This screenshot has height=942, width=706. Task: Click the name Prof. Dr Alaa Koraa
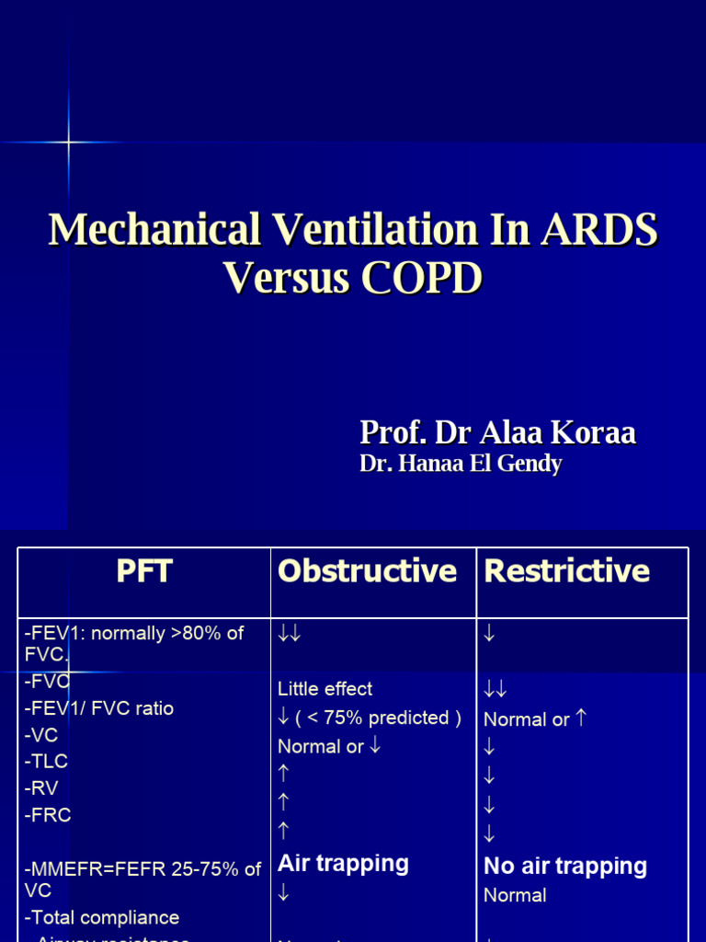[x=497, y=432]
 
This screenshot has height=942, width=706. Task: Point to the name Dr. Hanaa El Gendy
[x=461, y=464]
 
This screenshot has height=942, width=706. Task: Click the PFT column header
[x=144, y=571]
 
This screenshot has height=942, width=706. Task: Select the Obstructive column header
[x=367, y=571]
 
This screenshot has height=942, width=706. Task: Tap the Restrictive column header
[x=567, y=571]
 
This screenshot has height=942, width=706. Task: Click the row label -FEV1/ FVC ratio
[x=99, y=708]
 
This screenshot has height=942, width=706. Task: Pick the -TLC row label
[x=47, y=762]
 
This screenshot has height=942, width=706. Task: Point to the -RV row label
[x=43, y=788]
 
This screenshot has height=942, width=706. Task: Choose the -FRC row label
[x=48, y=815]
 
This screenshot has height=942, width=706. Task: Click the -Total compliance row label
[x=102, y=917]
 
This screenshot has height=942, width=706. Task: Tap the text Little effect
[x=325, y=689]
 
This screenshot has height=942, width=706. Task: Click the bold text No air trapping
[x=565, y=866]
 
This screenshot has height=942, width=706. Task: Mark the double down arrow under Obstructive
[x=290, y=634]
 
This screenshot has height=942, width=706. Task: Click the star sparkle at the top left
[x=69, y=142]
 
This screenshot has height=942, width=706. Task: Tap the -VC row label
[x=43, y=735]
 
